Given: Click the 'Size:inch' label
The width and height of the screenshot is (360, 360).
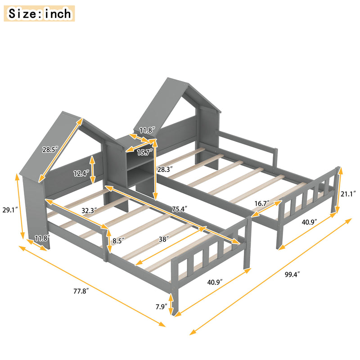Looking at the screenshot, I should click(x=40, y=13).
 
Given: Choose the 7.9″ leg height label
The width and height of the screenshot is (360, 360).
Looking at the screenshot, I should click(x=160, y=307).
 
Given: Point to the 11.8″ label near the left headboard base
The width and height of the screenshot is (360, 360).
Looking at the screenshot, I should click(x=42, y=238).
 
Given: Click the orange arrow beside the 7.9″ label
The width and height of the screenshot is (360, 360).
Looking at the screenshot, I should click(x=171, y=304).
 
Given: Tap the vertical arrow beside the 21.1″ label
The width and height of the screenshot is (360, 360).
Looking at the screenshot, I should click(x=340, y=190).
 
